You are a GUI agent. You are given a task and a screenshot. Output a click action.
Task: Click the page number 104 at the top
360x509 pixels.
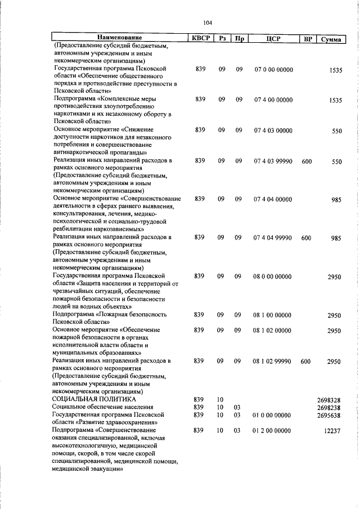pos(208,22)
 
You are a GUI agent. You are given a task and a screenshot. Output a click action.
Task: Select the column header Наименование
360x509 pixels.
pos(119,39)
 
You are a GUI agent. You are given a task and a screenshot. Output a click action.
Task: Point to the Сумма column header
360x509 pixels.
pos(331,39)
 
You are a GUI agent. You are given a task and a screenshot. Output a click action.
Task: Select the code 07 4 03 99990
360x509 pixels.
pos(273,161)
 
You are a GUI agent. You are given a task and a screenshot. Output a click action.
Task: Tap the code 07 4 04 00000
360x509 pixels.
pos(273,199)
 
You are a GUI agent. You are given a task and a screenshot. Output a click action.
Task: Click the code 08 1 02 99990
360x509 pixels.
pos(273,361)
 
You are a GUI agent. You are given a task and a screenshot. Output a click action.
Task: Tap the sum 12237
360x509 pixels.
pos(332,431)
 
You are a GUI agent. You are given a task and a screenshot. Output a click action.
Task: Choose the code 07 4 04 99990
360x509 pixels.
pos(273,238)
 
